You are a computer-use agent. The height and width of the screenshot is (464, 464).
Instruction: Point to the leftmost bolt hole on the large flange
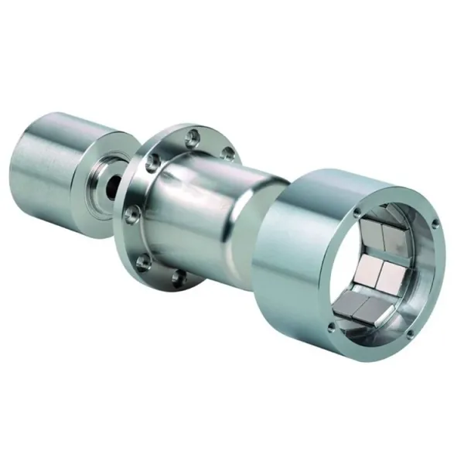click(x=131, y=210)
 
